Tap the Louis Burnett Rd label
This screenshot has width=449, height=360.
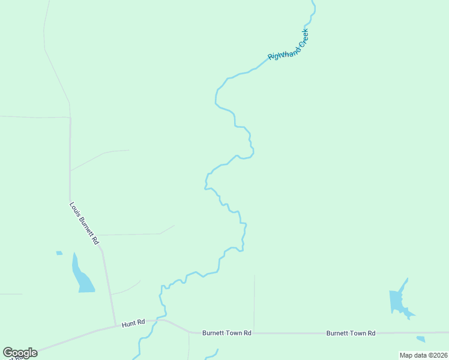coord(84,223)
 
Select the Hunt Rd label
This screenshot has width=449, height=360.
coord(133,323)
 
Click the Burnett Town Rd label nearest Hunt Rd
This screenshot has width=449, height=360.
coord(226,332)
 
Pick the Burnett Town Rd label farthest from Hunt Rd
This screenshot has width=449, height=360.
coord(351,333)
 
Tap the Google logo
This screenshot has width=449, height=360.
coord(20,353)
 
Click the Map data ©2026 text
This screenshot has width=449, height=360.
coord(423,355)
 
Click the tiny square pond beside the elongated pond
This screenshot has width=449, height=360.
coord(59,253)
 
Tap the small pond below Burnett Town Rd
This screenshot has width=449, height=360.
coord(421,339)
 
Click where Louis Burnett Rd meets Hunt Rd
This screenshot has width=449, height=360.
coord(115,326)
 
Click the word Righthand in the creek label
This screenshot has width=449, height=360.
coord(280,51)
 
